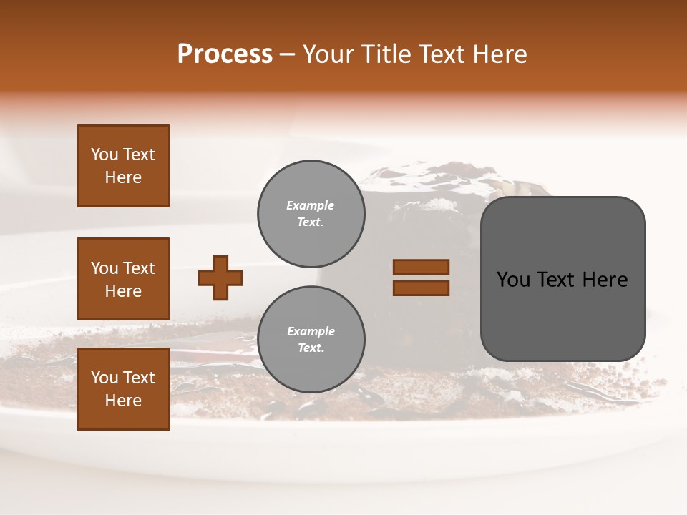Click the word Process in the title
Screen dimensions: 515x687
coord(225,54)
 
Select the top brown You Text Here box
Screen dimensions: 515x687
coord(123,166)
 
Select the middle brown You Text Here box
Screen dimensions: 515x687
coord(123,279)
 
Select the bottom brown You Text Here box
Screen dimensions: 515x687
coord(123,389)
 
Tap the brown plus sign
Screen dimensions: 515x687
coord(220,278)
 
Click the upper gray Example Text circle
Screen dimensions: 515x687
coord(311,214)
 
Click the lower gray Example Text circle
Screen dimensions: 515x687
coord(311,340)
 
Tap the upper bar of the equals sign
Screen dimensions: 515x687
coord(421,268)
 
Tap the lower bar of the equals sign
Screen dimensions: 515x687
coord(421,288)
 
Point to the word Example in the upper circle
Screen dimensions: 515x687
coord(311,205)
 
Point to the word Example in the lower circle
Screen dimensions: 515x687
coord(311,331)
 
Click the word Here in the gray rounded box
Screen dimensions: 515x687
coord(605,280)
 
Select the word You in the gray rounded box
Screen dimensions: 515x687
coord(515,280)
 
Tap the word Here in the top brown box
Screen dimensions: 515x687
coord(123,177)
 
